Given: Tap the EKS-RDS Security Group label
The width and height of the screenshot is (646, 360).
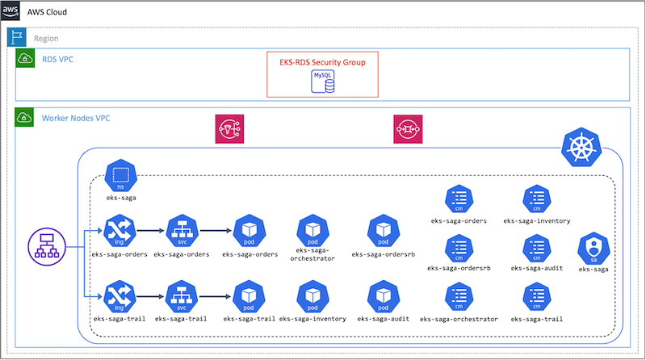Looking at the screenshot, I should coord(322,61).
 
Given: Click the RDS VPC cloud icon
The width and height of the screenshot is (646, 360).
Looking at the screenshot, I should coord(24,58).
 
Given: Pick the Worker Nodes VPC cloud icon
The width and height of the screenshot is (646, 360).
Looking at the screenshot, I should coord(24,118).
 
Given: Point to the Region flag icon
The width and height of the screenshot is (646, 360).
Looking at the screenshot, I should coord(16,37).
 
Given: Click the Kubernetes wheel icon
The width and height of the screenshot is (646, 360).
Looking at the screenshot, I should coord(581,148).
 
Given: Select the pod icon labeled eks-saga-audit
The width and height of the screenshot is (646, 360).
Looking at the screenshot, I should coord(384,295).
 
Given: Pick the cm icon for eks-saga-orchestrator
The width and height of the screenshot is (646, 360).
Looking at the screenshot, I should coord(459,297).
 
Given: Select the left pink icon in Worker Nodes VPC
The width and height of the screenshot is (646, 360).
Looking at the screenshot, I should coord(229,129).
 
